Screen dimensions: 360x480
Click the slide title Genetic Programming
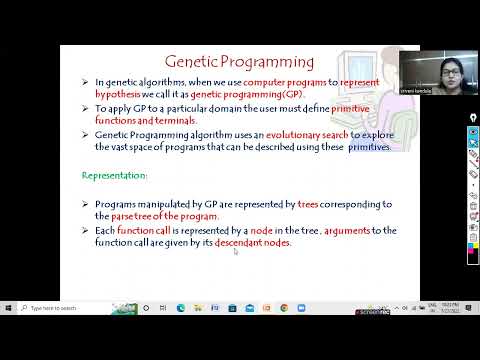click(x=239, y=62)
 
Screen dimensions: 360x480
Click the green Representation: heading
click(x=115, y=175)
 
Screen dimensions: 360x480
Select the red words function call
click(x=141, y=231)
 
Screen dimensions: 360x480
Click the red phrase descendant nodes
click(x=252, y=243)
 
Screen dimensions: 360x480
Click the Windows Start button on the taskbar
click(x=8, y=308)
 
